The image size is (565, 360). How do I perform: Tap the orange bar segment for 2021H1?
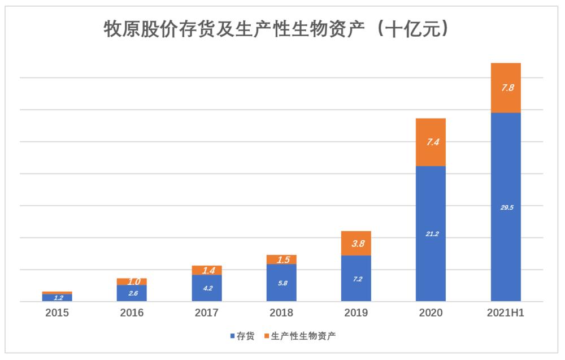point(506,88)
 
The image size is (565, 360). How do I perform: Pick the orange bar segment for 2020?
point(431,142)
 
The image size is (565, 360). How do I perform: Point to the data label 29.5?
point(506,207)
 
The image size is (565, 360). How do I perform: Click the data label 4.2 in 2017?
point(207,288)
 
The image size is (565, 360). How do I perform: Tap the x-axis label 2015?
point(57,313)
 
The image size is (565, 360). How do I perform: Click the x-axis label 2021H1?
point(506,313)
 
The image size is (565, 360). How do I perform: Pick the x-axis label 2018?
point(281,313)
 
